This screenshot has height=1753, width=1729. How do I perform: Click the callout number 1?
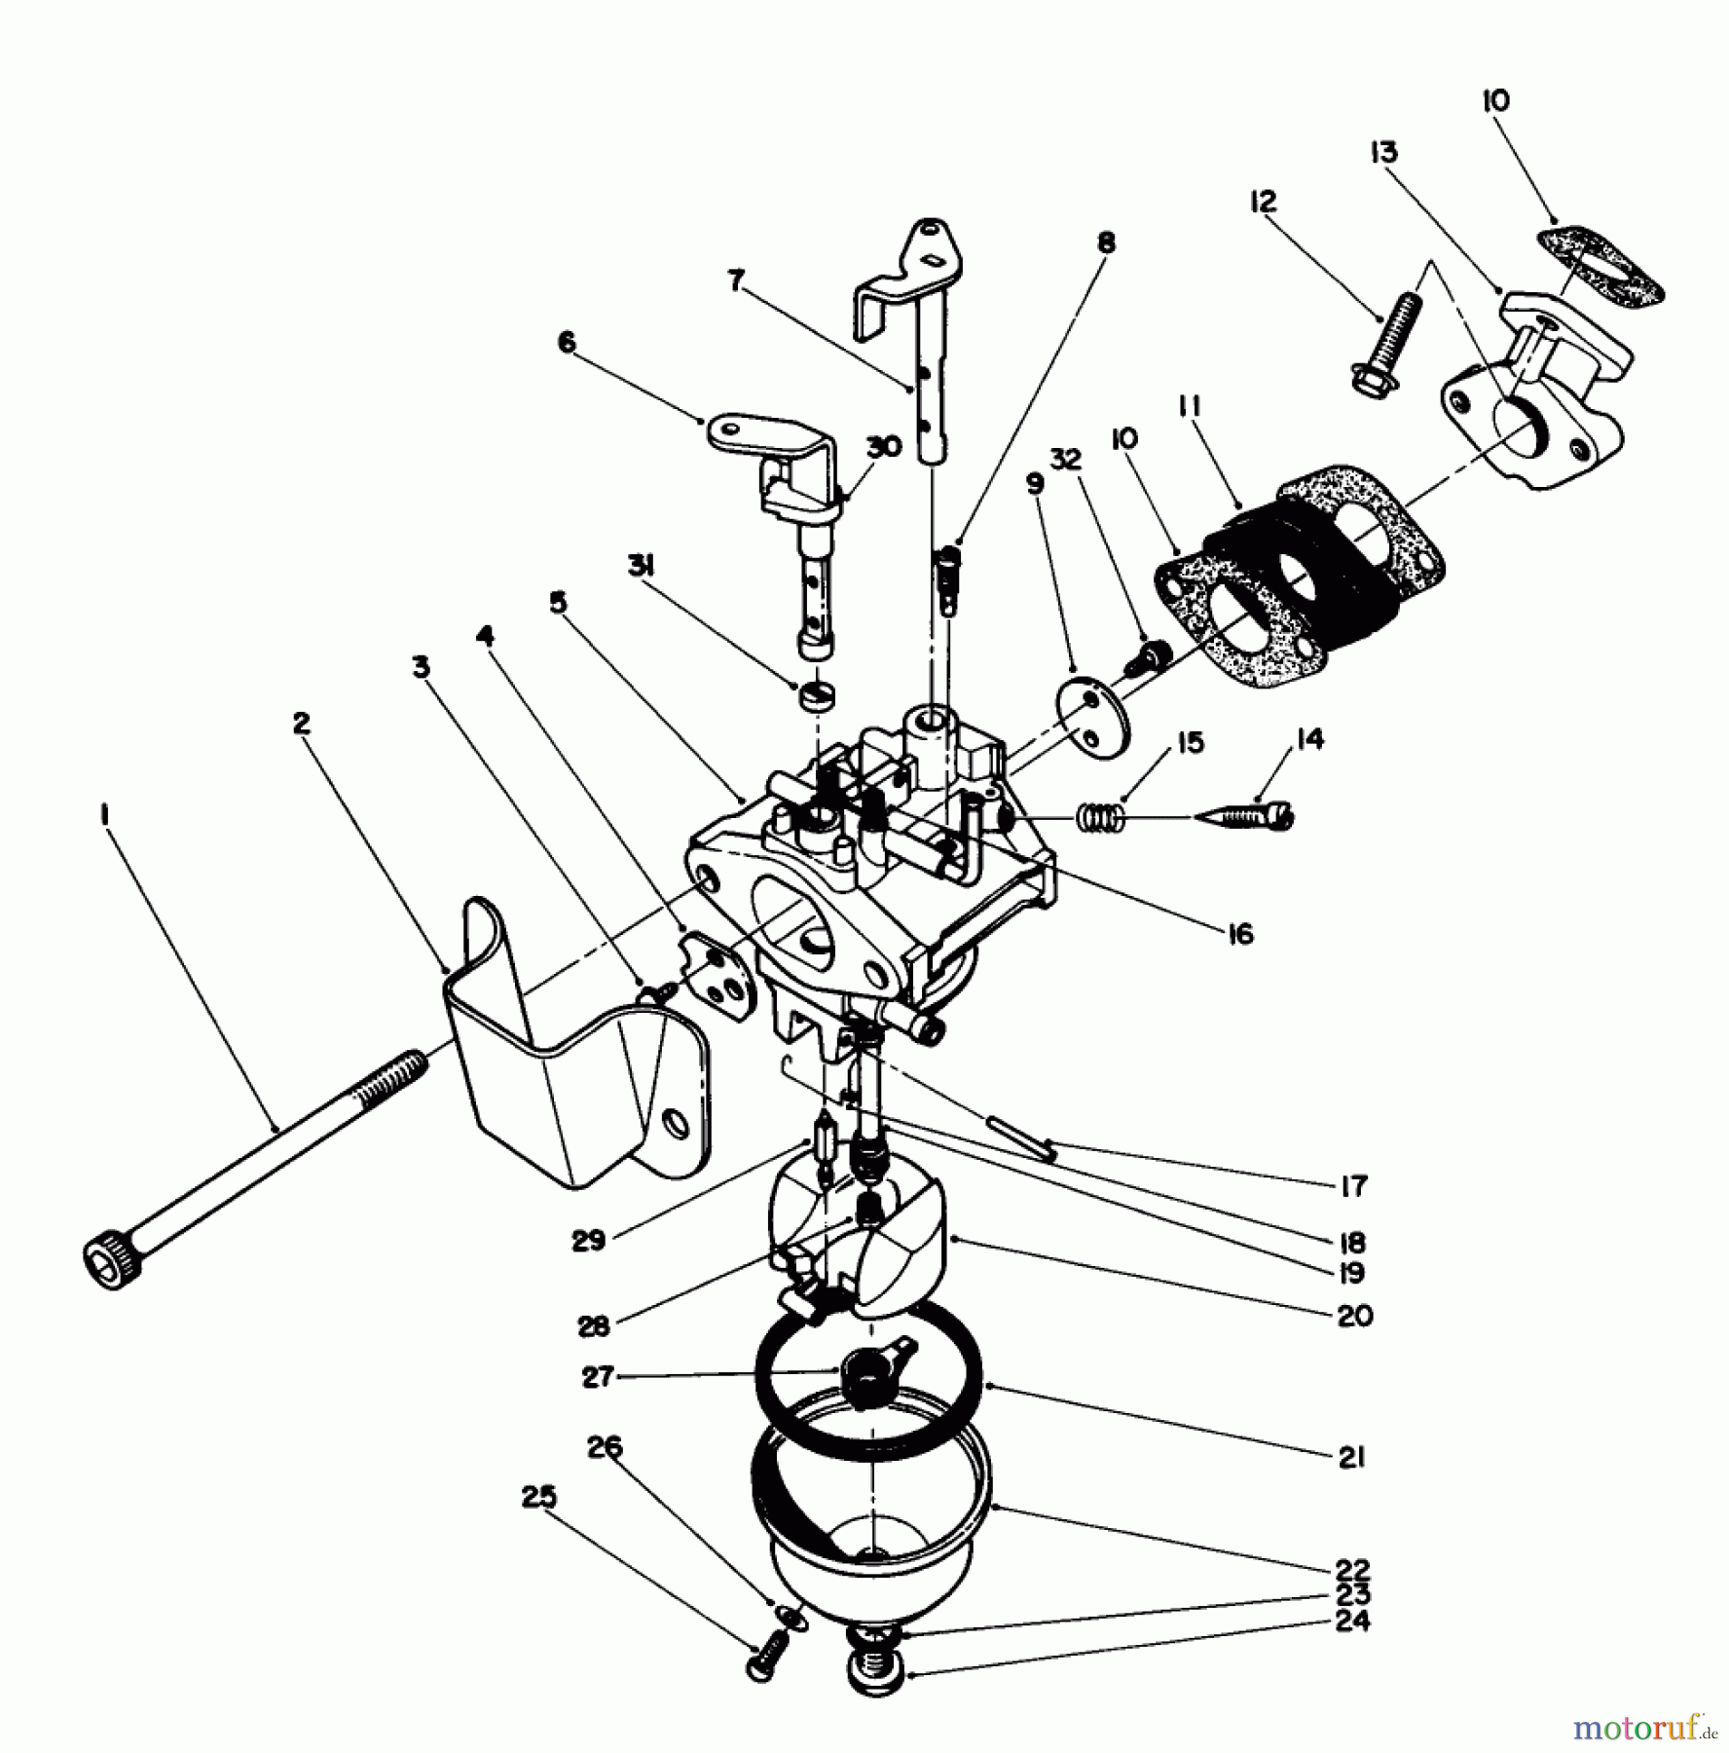coord(103,812)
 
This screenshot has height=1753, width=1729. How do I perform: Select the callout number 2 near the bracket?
coord(301,723)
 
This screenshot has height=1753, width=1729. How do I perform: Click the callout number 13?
coord(1383,153)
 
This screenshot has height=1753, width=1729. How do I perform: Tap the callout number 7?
coord(736,280)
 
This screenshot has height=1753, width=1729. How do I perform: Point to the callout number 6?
coord(566,342)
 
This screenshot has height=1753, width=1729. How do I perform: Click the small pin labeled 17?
coord(1020,1137)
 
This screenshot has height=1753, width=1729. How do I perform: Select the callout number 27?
coord(597,1376)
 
